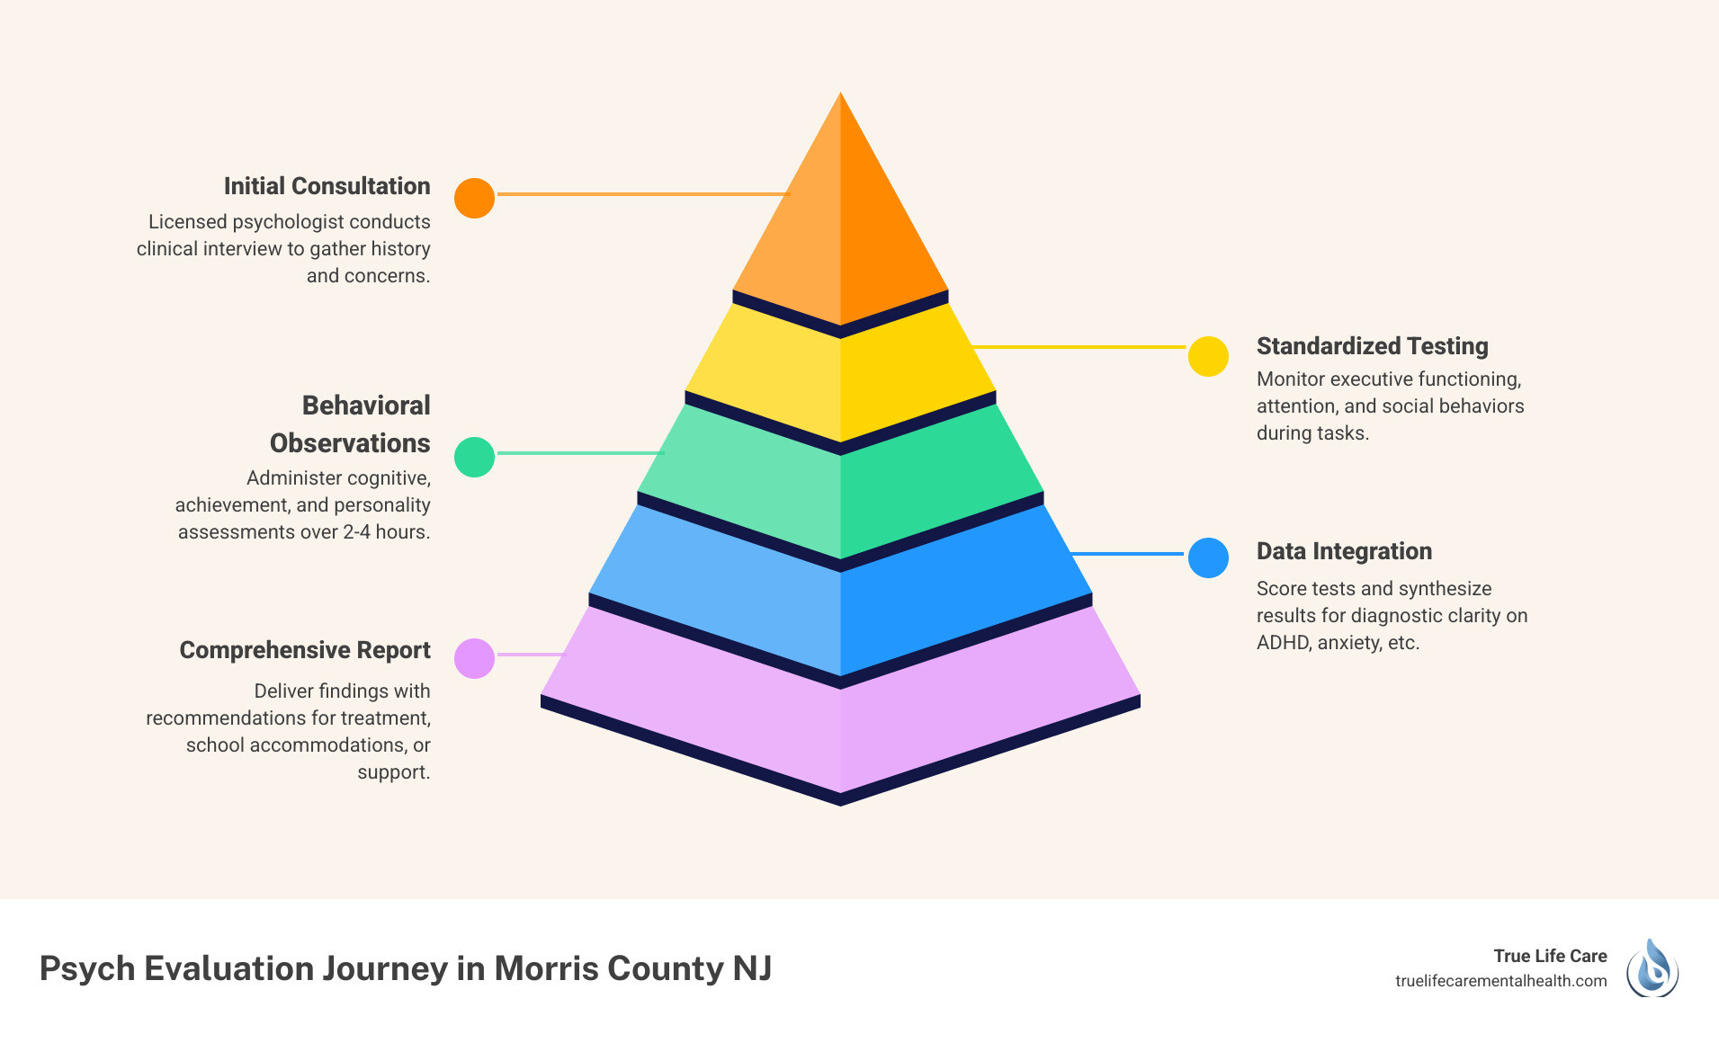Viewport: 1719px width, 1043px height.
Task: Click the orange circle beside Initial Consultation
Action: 474,198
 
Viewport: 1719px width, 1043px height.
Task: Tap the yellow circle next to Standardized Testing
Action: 1208,357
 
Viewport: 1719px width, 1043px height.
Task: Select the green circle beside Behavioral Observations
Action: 474,457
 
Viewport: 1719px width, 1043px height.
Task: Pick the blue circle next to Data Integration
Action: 1208,557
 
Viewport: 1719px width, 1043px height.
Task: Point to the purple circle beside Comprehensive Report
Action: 474,658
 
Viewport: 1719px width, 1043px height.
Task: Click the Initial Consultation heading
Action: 327,186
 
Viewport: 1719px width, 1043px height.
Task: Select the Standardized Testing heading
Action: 1372,346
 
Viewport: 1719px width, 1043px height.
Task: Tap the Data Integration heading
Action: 1344,551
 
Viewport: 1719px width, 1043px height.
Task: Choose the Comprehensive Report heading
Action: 305,650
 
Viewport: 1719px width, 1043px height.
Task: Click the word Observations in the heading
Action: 350,443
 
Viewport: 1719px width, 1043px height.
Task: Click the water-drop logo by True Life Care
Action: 1652,968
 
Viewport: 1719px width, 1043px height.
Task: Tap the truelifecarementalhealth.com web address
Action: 1500,981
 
